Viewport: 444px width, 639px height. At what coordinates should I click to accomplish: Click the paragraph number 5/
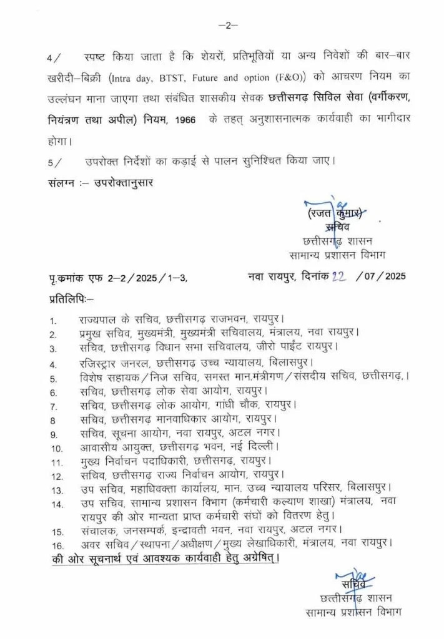click(54, 162)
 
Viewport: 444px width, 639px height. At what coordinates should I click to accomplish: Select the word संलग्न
click(61, 183)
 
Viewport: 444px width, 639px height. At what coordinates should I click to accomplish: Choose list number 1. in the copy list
click(54, 321)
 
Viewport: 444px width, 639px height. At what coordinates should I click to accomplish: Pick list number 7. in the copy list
click(54, 406)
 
